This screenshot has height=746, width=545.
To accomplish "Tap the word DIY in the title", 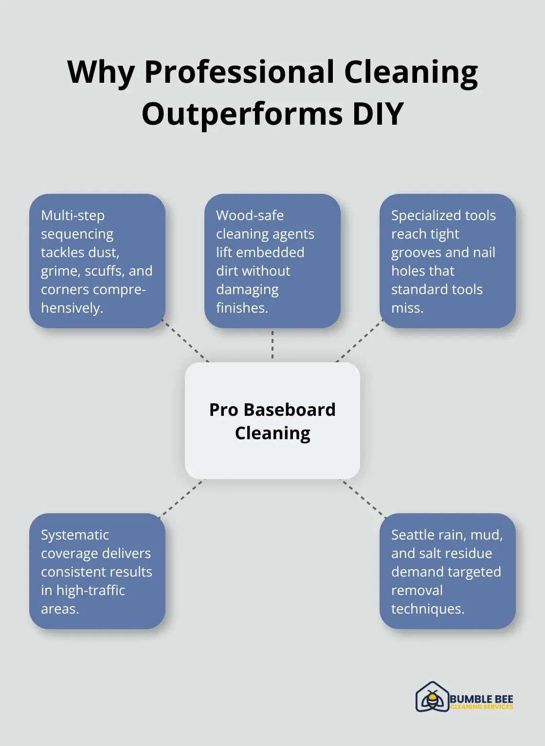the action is pos(378,114).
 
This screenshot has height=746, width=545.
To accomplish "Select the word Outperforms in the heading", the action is pos(242,114).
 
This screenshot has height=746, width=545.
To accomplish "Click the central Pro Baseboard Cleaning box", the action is pos(272,421).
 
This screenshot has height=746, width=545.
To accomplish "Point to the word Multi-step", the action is pos(73,215).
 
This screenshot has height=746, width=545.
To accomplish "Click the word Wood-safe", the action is pos(250,215).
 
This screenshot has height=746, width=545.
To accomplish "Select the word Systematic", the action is pos(75,535).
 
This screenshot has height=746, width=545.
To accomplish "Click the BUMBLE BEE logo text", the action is pos(481,699).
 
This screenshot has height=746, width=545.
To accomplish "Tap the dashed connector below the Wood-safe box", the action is pos(272,345).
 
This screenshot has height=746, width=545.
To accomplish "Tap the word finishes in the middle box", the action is pos(241,308).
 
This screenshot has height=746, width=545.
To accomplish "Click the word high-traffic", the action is pos(91,590).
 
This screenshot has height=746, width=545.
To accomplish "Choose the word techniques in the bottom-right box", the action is pos(427,609).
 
